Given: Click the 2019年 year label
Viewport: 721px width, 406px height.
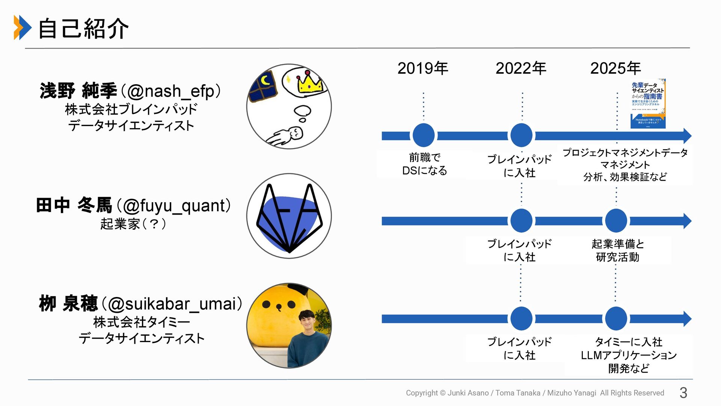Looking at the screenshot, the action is click(x=422, y=68).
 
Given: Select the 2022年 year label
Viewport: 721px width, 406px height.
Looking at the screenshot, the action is click(x=521, y=68).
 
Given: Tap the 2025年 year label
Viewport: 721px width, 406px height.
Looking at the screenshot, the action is click(x=615, y=68).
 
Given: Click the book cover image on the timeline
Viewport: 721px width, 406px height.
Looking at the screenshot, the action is click(x=648, y=103).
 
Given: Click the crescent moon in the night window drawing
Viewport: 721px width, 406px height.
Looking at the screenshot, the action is click(x=265, y=81).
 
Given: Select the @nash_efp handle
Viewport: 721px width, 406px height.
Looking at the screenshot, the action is click(x=171, y=91).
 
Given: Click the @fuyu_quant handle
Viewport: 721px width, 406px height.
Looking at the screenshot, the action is click(x=173, y=206).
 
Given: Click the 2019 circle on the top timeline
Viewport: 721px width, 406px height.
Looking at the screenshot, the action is click(x=424, y=135).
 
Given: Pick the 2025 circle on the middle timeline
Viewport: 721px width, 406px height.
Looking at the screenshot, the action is click(x=616, y=221).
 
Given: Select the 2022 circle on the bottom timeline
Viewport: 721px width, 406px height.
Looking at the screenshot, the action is click(x=521, y=319).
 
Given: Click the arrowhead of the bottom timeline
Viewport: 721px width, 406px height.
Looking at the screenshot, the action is click(x=687, y=319).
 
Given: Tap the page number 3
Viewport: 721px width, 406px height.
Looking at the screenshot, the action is click(x=683, y=393).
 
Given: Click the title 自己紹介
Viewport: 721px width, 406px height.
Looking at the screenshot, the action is click(x=83, y=29).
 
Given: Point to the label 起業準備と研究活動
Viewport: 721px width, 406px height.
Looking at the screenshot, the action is click(x=618, y=250).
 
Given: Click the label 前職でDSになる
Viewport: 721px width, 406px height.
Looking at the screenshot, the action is click(x=425, y=164).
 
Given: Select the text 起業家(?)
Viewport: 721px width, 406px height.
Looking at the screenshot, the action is click(x=133, y=224).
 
